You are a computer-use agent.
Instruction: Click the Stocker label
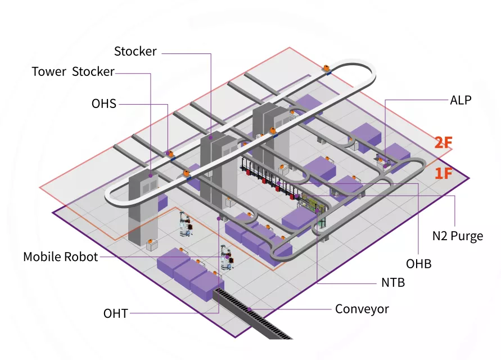(135, 52)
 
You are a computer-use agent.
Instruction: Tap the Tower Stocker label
(73, 72)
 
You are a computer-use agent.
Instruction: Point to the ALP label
(461, 101)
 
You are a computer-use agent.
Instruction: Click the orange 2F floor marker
(443, 142)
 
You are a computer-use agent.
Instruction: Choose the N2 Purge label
(457, 236)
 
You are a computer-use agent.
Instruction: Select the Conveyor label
(362, 309)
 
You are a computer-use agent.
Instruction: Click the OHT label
(116, 313)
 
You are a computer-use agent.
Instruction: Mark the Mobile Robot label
(61, 257)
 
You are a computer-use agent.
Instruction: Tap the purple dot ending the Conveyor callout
(249, 309)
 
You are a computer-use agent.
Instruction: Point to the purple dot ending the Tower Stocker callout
(151, 175)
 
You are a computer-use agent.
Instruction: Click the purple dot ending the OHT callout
(219, 218)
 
